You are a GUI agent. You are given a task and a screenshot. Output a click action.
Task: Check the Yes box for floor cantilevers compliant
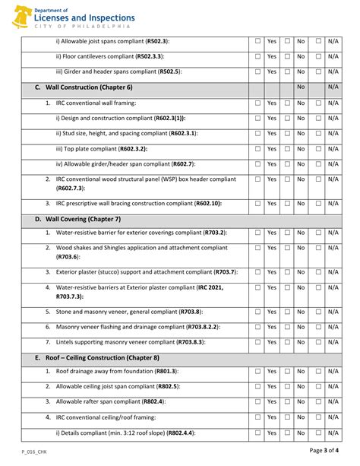coord(258,56)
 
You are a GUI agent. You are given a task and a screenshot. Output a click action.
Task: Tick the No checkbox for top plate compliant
coord(288,149)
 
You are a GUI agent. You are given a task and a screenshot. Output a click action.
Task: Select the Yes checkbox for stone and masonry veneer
coord(258,312)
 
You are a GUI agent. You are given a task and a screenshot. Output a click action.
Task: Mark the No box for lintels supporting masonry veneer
coord(288,342)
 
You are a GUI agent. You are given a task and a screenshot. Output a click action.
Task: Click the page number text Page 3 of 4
coord(324,450)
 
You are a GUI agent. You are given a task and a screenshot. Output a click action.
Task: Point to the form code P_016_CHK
coord(36,451)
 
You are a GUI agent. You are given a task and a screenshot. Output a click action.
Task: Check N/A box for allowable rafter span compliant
coord(318,401)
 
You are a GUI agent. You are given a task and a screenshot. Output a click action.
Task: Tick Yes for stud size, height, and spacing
coord(258,133)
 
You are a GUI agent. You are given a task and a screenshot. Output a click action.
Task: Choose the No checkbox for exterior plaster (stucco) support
coord(288,271)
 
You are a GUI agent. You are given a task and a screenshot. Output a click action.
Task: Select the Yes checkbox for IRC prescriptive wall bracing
coord(258,203)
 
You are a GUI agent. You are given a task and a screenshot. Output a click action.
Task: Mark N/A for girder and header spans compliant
coord(318,71)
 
